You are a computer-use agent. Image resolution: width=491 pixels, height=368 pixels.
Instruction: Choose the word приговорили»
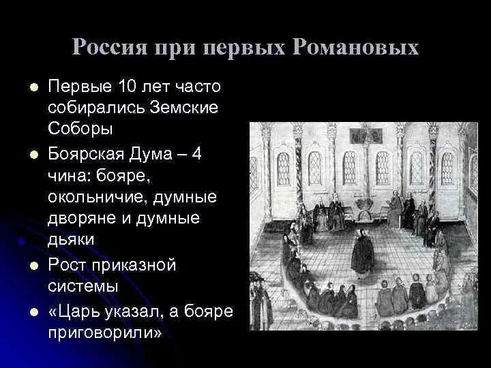click(x=106, y=333)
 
